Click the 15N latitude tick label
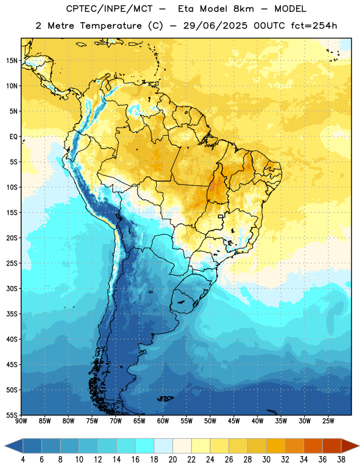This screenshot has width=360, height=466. (x=12, y=61)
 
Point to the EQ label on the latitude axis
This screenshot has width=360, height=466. (x=13, y=137)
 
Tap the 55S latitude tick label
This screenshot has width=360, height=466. (x=12, y=415)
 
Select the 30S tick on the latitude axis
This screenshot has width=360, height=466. (x=12, y=288)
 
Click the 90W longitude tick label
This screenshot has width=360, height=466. (x=21, y=421)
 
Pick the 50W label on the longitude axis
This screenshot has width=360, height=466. (x=210, y=421)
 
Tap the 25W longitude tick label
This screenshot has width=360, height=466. (x=328, y=421)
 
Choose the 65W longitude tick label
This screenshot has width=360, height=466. (x=139, y=421)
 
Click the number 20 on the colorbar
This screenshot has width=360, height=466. (x=172, y=460)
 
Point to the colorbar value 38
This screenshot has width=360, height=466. (x=341, y=460)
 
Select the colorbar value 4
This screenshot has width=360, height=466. (x=23, y=460)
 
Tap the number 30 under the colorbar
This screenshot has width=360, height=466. (x=266, y=460)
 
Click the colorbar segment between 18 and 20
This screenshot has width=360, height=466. (x=164, y=446)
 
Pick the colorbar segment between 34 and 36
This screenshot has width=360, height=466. (x=313, y=446)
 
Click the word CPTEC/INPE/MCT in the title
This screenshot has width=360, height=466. (x=109, y=9)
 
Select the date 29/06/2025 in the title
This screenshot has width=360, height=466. (x=215, y=26)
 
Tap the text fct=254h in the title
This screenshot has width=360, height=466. (x=314, y=26)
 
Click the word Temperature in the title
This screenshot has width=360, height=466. (x=111, y=26)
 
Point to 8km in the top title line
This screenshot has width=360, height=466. (x=243, y=9)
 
